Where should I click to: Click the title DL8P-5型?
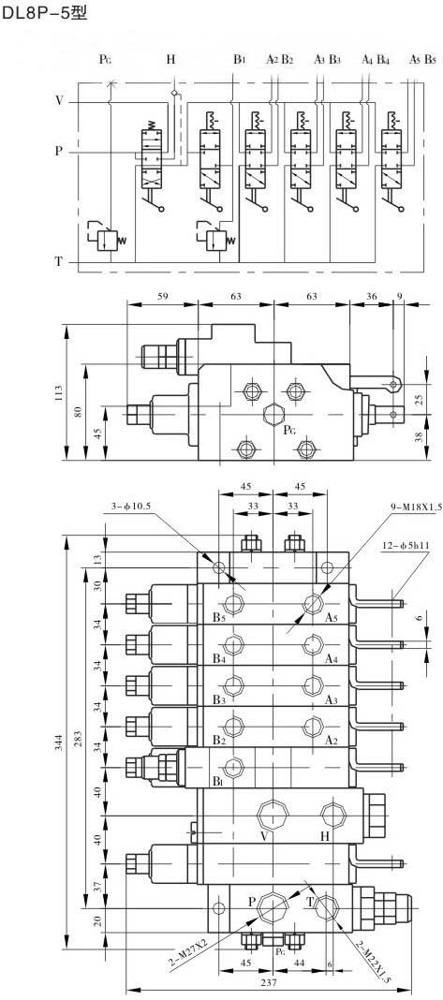(x=44, y=13)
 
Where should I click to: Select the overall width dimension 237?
(x=270, y=983)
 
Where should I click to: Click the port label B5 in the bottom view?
(x=219, y=617)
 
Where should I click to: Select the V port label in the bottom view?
(x=263, y=836)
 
